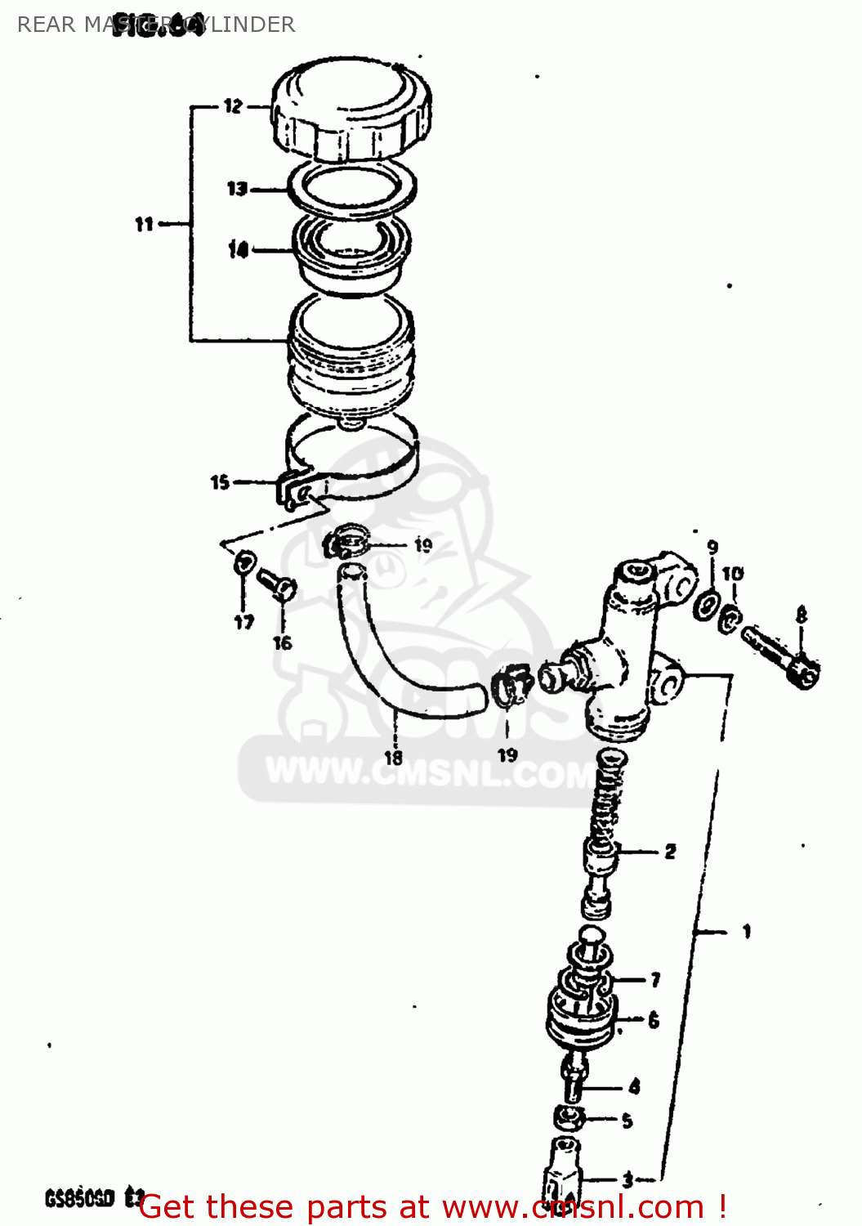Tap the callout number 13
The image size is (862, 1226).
pyautogui.click(x=236, y=189)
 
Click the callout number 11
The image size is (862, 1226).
pyautogui.click(x=144, y=223)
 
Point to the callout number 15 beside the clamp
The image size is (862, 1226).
pyautogui.click(x=220, y=482)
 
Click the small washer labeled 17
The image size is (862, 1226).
pyautogui.click(x=244, y=563)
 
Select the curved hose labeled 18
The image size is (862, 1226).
pyautogui.click(x=384, y=670)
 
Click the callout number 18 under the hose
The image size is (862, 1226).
pyautogui.click(x=394, y=758)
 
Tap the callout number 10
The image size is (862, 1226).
pyautogui.click(x=733, y=573)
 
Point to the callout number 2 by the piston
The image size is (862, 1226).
pyautogui.click(x=670, y=852)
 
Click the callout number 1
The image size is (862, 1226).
pyautogui.click(x=746, y=931)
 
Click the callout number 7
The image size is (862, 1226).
pyautogui.click(x=655, y=979)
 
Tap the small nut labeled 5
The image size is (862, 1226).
pyautogui.click(x=569, y=1117)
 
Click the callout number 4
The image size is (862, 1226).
pyautogui.click(x=635, y=1086)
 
